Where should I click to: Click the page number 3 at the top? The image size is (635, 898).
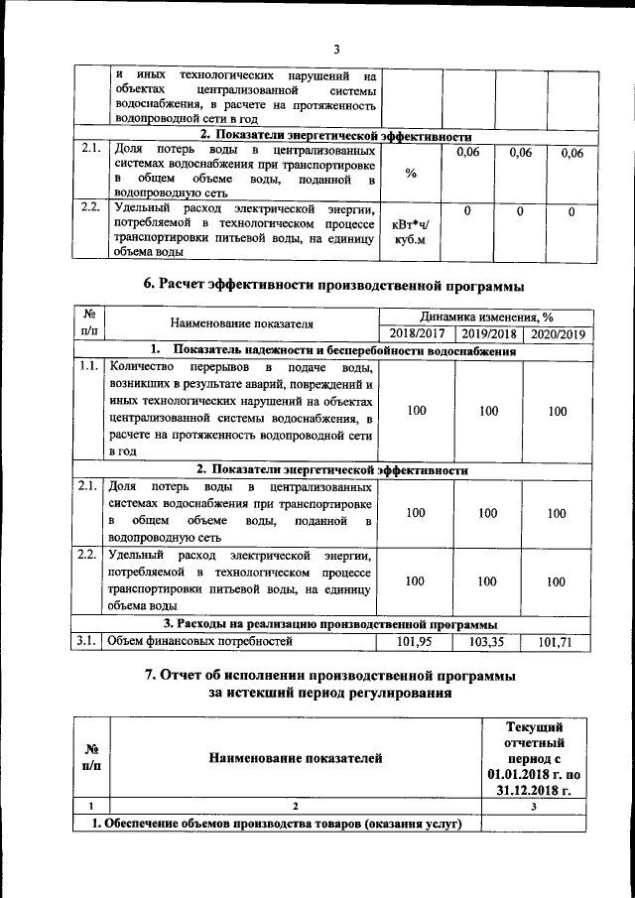336,50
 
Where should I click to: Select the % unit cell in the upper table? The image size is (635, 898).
410,173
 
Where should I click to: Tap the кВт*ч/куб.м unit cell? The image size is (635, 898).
410,232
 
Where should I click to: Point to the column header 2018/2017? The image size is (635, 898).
417,334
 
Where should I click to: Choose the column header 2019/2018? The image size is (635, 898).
487,334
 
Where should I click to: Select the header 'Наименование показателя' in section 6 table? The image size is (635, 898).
242,324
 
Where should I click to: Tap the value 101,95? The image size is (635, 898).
417,642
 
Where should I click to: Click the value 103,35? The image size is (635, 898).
487,642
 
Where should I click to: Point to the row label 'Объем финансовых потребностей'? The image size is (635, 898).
200,642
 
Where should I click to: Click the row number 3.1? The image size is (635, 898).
85,642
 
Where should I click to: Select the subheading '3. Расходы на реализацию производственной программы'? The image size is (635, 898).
331,624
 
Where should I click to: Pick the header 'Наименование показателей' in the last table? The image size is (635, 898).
295,759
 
